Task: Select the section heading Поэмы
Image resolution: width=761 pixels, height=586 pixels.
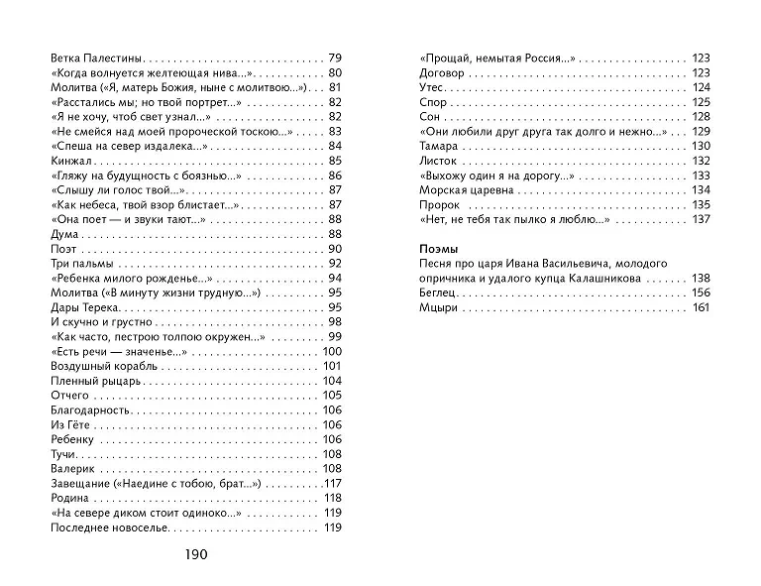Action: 437,248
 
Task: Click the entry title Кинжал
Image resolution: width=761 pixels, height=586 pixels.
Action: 64,161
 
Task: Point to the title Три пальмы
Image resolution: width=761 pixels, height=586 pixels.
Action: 75,263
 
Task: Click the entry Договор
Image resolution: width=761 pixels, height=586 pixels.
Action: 441,72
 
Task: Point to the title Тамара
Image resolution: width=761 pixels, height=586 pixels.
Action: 438,146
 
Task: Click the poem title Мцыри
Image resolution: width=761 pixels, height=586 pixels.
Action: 438,308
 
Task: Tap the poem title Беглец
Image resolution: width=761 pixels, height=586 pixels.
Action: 438,293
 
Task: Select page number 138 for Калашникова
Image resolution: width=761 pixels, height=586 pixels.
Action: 700,280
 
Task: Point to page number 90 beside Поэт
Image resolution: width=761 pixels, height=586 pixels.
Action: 334,248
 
